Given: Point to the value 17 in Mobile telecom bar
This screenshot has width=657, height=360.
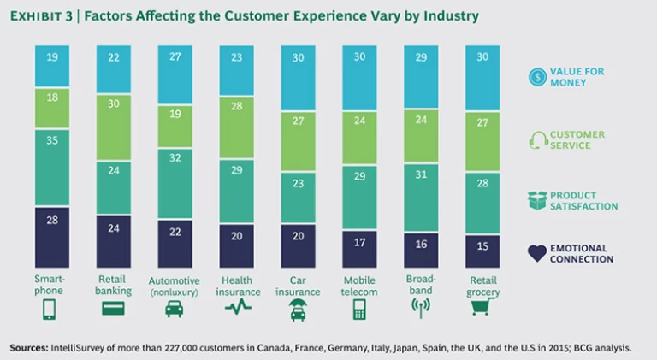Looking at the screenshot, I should point(360,242).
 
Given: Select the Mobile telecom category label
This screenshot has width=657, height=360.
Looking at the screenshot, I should point(360,286).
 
